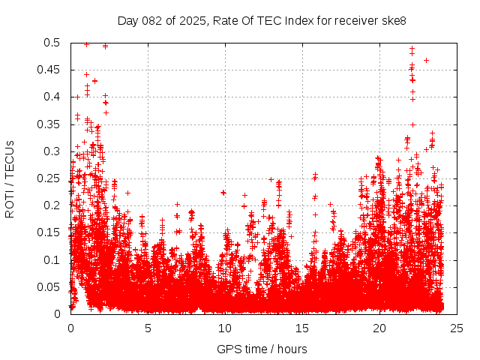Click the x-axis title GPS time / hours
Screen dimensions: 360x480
[x=262, y=349]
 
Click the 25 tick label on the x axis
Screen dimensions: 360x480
[x=457, y=328]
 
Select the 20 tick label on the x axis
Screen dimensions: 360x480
[x=379, y=328]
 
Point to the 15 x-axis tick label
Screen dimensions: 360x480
[x=302, y=328]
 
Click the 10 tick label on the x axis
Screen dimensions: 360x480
[x=225, y=328]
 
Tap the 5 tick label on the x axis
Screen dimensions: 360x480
[x=148, y=328]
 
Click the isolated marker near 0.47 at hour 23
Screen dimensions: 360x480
[x=426, y=60]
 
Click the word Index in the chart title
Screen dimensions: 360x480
[x=296, y=20]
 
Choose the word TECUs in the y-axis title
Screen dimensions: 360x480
[x=9, y=159]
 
